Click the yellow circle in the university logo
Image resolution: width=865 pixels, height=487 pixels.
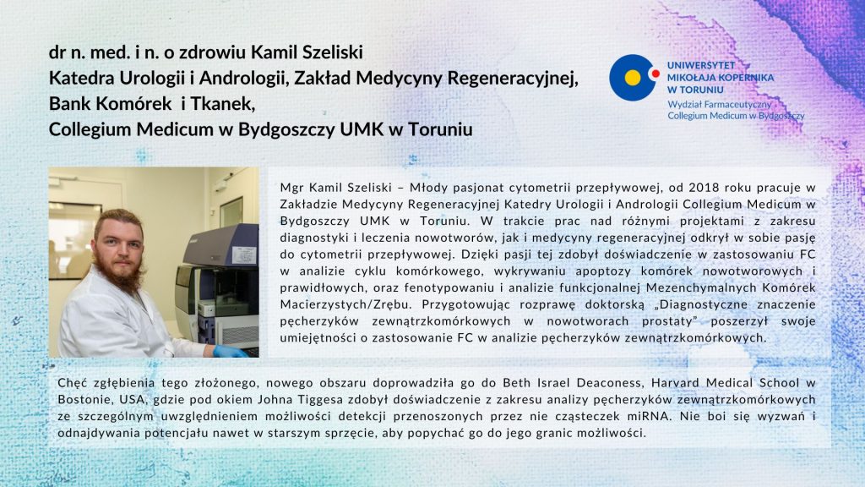coord(632,78)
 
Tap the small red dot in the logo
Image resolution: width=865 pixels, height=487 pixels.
coord(656,73)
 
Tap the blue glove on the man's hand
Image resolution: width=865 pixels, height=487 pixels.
coord(228,351)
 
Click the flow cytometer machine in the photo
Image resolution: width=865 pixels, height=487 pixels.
coord(219,288)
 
